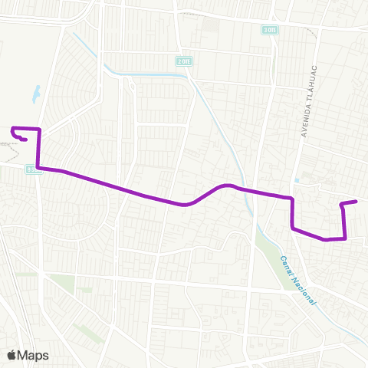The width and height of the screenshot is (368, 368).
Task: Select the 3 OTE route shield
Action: click(268, 30)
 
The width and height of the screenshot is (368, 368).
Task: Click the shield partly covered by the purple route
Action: click(31, 169)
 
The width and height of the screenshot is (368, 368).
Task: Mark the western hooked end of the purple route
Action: click(27, 140)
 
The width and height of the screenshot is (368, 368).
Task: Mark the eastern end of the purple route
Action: click(356, 202)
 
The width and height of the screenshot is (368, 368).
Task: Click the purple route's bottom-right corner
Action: click(346, 238)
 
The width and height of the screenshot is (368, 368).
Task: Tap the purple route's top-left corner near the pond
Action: click(13, 128)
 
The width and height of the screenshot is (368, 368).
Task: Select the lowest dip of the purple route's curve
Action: click(184, 205)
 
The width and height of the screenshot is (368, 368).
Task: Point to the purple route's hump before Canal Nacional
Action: click(226, 186)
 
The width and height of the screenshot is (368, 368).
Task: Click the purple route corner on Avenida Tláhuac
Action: click(292, 199)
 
